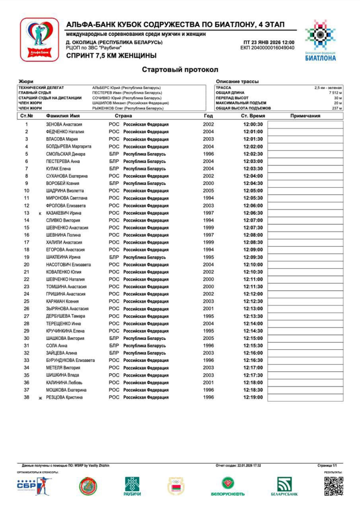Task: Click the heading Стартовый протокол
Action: (x=180, y=70)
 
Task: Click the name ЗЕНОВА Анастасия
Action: (x=64, y=124)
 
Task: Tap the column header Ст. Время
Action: (x=253, y=116)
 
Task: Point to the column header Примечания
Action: (x=305, y=116)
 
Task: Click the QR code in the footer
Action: (x=334, y=486)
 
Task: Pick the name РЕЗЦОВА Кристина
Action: (x=64, y=398)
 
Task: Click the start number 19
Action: (x=26, y=257)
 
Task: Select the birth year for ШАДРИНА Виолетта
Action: (x=208, y=191)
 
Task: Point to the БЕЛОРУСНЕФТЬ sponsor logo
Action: (x=228, y=487)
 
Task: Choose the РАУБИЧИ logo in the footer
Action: (x=133, y=487)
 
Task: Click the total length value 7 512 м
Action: (x=336, y=93)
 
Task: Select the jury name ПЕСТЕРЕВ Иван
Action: (x=127, y=93)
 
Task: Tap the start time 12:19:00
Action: (x=253, y=398)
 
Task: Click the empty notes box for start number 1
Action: (x=305, y=124)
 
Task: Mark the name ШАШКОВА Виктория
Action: (x=65, y=339)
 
